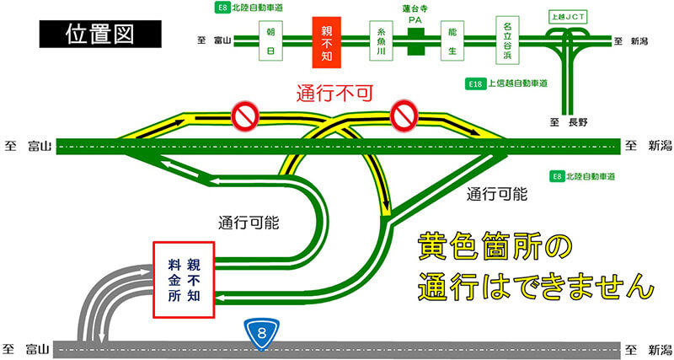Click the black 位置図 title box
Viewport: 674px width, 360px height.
100,34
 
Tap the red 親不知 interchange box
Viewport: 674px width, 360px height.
327,43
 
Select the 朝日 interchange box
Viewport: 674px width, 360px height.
270,40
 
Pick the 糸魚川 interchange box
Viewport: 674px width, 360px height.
382,40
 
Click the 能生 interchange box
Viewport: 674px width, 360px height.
452,40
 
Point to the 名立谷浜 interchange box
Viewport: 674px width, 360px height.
507,40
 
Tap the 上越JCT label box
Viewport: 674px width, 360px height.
568,17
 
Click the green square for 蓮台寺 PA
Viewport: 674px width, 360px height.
415,41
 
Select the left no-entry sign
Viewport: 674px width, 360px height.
245,116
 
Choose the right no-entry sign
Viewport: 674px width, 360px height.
404,116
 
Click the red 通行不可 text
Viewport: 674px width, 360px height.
334,94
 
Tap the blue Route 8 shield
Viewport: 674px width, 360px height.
262,334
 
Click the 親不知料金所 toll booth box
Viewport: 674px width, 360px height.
184,280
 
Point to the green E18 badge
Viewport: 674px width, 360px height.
475,83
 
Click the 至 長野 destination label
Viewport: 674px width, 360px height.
569,122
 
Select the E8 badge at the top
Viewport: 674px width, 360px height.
222,8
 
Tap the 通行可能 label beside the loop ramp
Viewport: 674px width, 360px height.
249,223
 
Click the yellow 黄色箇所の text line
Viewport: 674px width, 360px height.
495,246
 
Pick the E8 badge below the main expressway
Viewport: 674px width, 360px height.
557,176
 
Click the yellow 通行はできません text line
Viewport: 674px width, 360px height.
536,286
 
